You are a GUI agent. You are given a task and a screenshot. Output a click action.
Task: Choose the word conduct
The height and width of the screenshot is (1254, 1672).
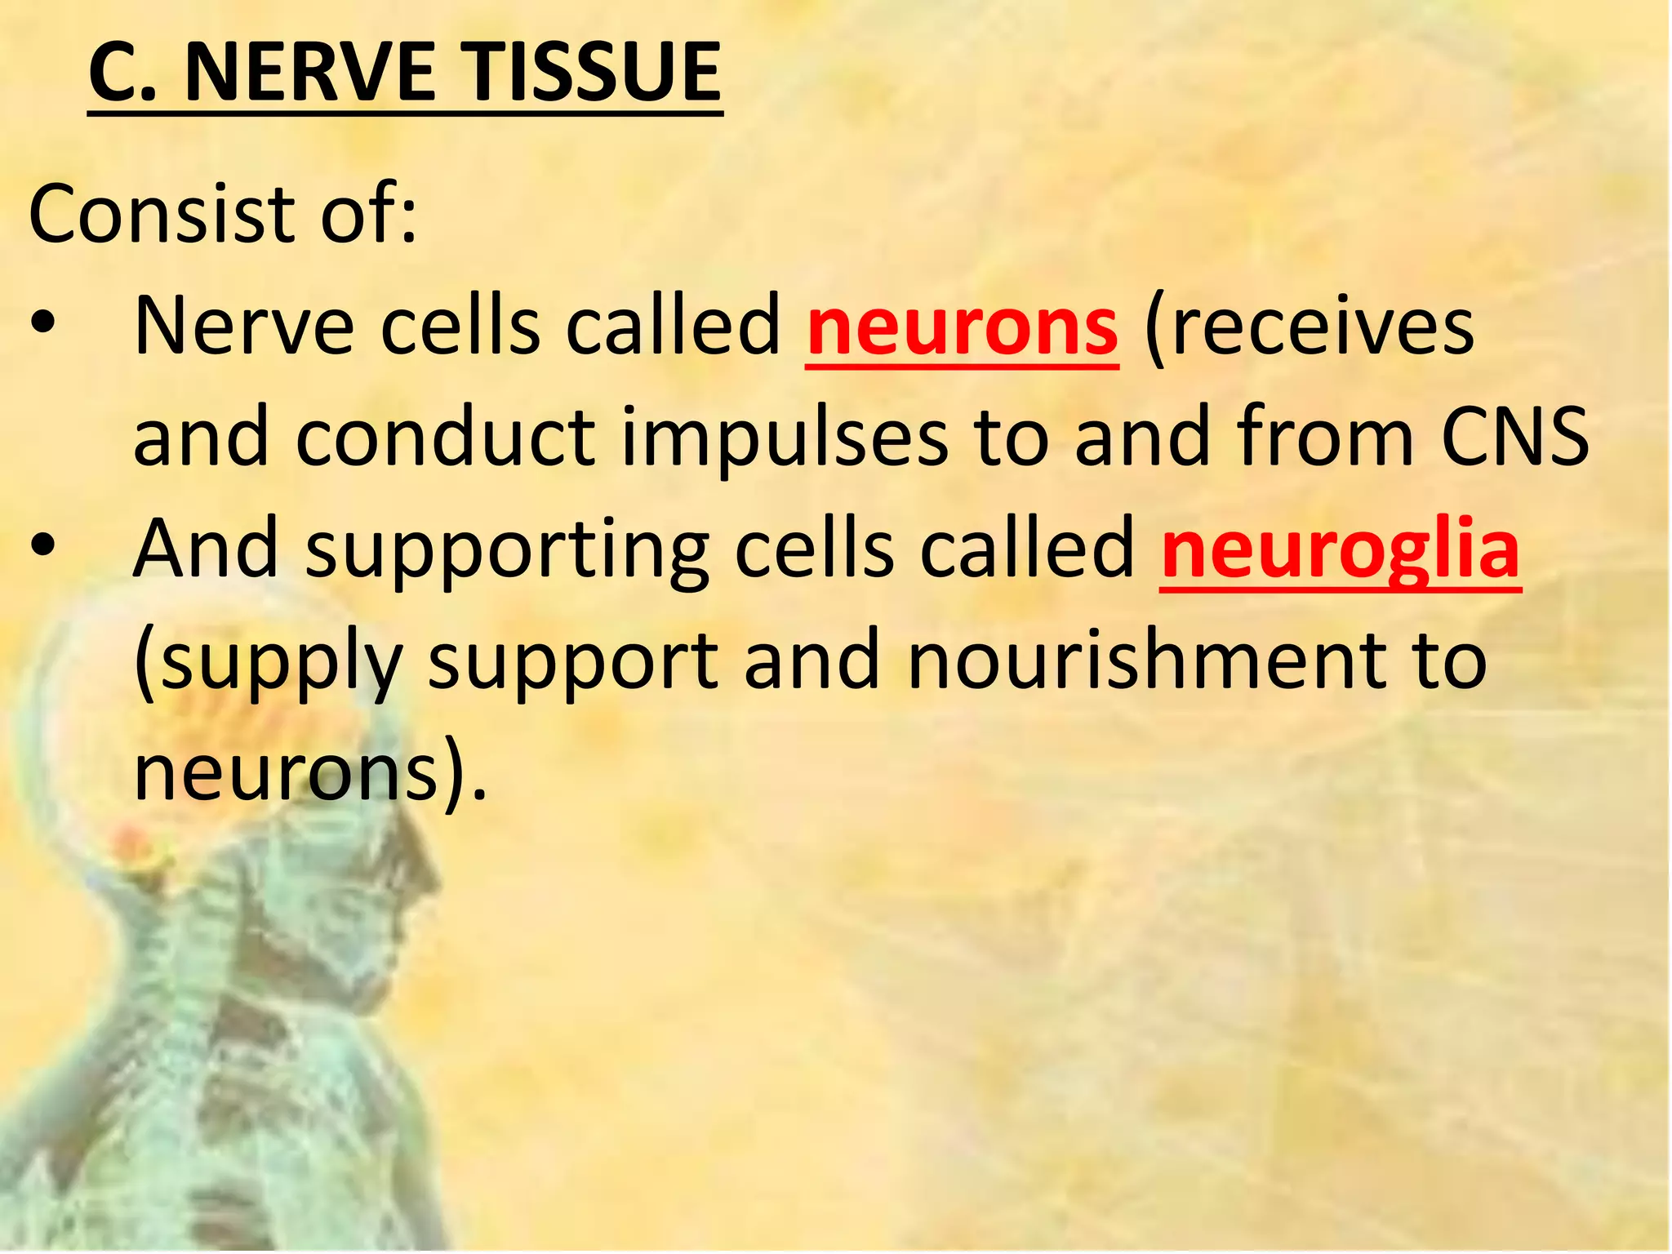[x=445, y=438]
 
